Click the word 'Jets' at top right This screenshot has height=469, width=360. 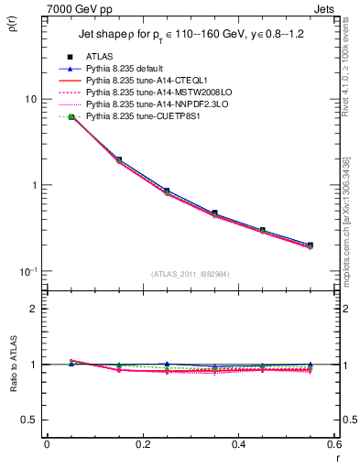[324, 8]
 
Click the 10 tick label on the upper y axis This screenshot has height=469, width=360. [31, 99]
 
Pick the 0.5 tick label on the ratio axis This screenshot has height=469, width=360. [30, 420]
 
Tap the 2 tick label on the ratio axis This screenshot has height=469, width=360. [35, 309]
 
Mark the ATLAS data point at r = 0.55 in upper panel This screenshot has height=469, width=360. [311, 245]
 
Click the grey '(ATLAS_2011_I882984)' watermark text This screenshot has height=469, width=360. [191, 274]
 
